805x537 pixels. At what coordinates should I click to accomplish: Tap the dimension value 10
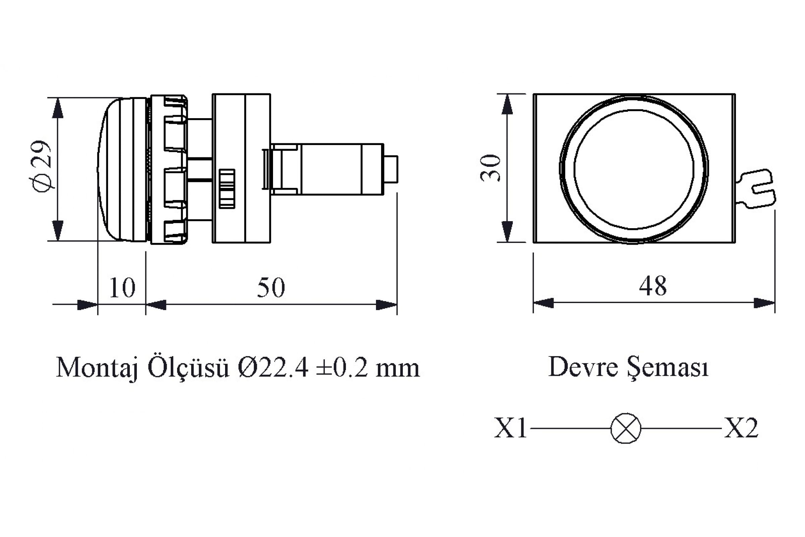click(122, 288)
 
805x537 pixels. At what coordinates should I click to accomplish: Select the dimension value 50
click(271, 288)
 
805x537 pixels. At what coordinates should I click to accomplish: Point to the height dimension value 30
click(490, 168)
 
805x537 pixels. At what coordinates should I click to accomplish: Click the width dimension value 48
click(653, 286)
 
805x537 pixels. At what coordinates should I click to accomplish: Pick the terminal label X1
click(510, 428)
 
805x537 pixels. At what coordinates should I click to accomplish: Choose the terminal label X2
click(741, 428)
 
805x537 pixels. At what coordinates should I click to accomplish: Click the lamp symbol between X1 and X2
click(626, 428)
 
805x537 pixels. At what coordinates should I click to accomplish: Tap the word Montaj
click(97, 368)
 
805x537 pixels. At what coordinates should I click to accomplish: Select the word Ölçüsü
click(188, 368)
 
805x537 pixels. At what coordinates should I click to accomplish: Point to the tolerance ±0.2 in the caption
click(342, 368)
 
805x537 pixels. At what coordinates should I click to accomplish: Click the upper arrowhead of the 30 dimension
click(507, 104)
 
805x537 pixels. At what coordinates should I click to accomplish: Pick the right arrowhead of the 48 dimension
click(764, 303)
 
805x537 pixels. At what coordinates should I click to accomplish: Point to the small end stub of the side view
click(390, 169)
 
